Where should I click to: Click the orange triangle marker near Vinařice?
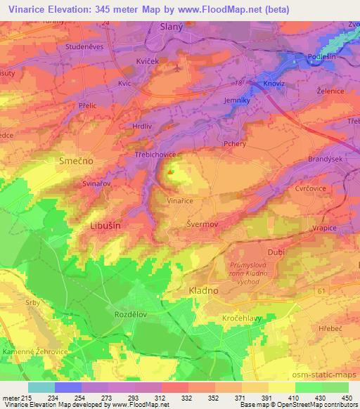click(x=171, y=171)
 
